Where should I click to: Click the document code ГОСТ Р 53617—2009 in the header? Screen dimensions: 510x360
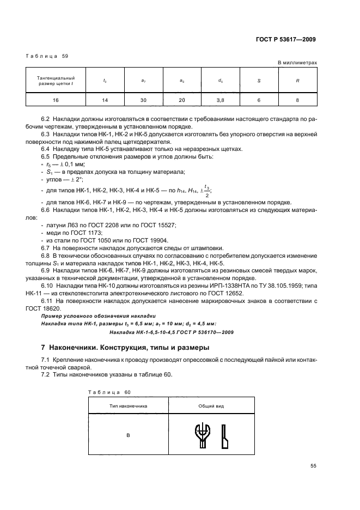(x=285, y=39)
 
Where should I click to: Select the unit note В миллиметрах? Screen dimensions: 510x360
(x=297, y=63)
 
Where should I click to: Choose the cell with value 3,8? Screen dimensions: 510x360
(x=220, y=101)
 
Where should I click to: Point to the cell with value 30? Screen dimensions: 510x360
(x=143, y=101)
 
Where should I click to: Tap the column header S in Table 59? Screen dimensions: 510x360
(x=259, y=81)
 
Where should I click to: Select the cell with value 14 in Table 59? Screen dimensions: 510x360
(x=105, y=101)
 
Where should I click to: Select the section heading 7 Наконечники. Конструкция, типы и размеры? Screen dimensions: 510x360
(x=125, y=347)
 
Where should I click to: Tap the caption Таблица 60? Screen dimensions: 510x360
(x=109, y=392)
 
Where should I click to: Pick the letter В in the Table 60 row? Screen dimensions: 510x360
(x=128, y=435)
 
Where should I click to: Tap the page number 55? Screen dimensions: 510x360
(x=313, y=466)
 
